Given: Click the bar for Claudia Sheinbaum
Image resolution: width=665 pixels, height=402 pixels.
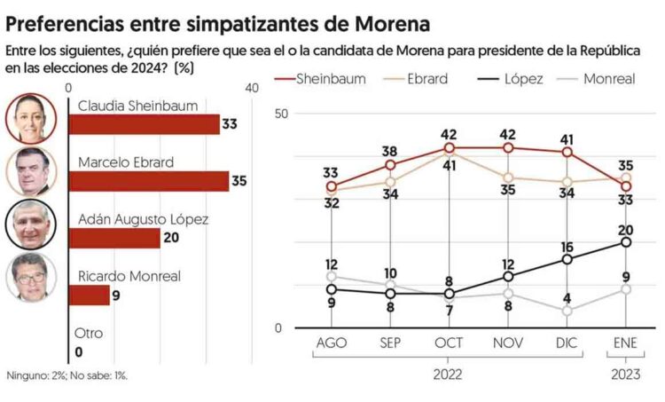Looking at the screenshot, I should coord(143,124).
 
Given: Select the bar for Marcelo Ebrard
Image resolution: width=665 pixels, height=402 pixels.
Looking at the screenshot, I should coord(148,181).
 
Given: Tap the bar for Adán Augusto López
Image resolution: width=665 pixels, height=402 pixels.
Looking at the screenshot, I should coord(113,238).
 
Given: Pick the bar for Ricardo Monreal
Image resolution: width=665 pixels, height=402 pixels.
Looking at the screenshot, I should coord(89,295).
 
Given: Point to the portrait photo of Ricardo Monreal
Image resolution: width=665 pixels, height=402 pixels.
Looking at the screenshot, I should coord(32,278).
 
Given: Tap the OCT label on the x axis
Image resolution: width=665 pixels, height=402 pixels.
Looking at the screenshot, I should coord(449,343).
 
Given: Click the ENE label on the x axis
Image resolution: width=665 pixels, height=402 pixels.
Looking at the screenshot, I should coord(625,343).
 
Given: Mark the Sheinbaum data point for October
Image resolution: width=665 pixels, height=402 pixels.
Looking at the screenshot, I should coord(450,147).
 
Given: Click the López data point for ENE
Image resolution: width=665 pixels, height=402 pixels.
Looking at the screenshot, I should coord(626,241).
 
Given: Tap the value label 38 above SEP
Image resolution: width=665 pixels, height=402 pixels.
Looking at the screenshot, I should coord(390,151).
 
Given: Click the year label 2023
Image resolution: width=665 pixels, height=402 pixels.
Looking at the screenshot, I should coord(625,374).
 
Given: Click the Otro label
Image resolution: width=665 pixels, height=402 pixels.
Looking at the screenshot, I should coord(89,334).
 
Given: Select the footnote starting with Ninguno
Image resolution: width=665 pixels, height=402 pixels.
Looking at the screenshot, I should coord(66,375).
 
